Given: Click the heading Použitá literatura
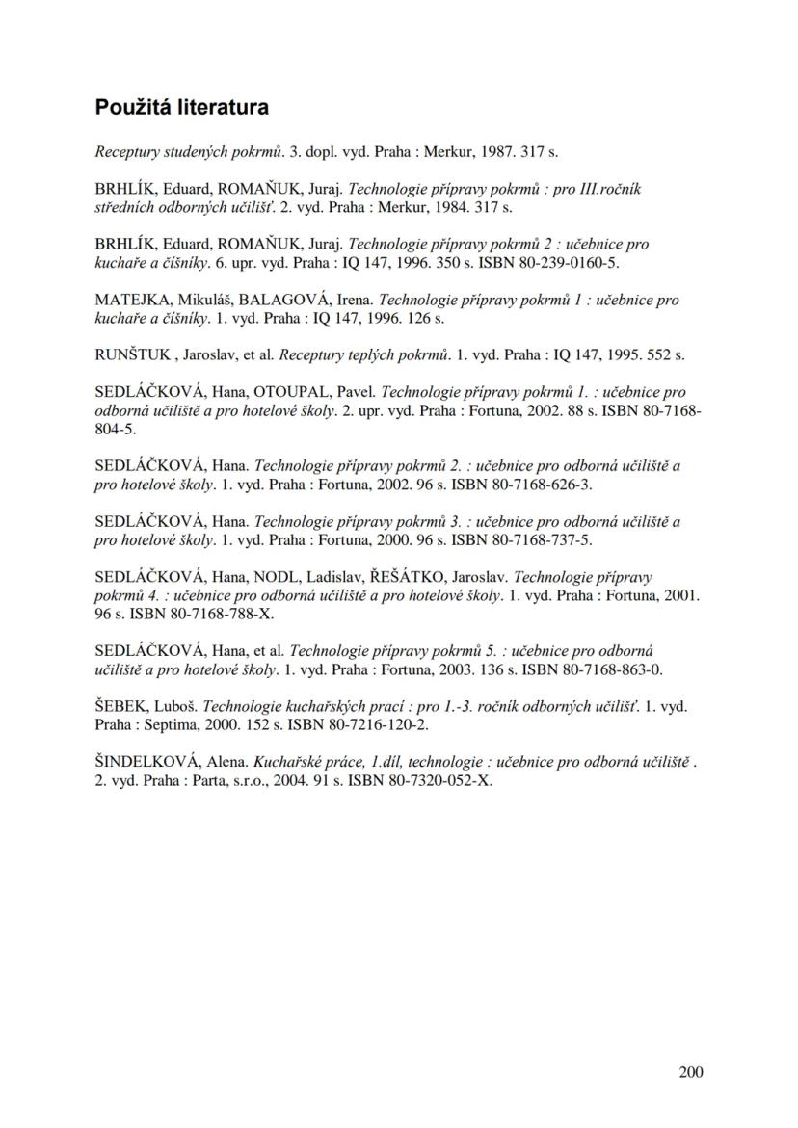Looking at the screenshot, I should tap(181, 107).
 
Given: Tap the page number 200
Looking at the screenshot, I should tap(690, 1072).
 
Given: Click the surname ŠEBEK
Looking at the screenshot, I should tap(120, 706).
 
